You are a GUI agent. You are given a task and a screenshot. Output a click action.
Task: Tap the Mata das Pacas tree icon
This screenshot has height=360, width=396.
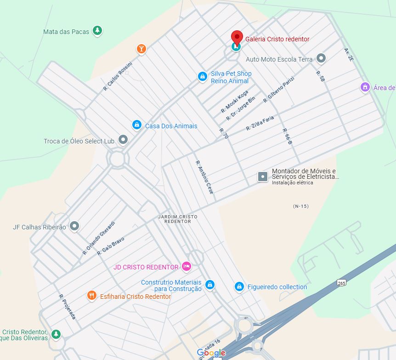coord(97,31)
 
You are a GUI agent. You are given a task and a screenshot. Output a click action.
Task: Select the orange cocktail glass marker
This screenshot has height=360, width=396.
coord(141,49)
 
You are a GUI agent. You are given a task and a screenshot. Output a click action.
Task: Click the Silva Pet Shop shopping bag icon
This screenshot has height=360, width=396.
coord(202,77)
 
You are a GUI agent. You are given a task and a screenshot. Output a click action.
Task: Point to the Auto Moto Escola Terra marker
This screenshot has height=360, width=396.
coord(321,58)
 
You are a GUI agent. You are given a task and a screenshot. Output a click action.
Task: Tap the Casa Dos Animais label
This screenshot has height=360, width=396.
coord(171,126)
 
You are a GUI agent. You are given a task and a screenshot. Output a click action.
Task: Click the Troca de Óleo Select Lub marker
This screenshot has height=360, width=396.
coord(123,139)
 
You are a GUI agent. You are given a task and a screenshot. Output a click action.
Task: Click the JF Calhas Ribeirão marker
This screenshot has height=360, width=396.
coord(74,226)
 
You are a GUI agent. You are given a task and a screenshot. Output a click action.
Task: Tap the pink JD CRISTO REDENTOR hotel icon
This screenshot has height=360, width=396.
coord(186,266)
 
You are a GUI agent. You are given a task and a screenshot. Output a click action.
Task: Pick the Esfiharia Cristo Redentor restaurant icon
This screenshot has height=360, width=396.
coord(92,296)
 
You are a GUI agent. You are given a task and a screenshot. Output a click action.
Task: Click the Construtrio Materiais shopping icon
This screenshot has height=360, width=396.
coord(210,285)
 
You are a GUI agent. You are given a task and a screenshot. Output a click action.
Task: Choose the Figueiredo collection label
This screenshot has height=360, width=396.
coord(277,287)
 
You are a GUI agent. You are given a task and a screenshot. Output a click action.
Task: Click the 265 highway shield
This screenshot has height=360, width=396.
coord(341,282)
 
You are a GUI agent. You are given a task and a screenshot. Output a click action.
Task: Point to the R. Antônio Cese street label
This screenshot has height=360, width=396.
coord(205,177)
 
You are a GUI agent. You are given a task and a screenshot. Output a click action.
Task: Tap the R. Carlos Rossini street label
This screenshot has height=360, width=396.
coord(118,76)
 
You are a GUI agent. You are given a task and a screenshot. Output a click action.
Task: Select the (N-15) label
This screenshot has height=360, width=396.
coord(300,206)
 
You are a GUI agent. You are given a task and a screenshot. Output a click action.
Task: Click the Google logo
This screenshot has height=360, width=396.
coord(211,353)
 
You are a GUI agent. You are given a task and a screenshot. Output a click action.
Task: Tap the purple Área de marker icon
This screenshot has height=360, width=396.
coord(365,87)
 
